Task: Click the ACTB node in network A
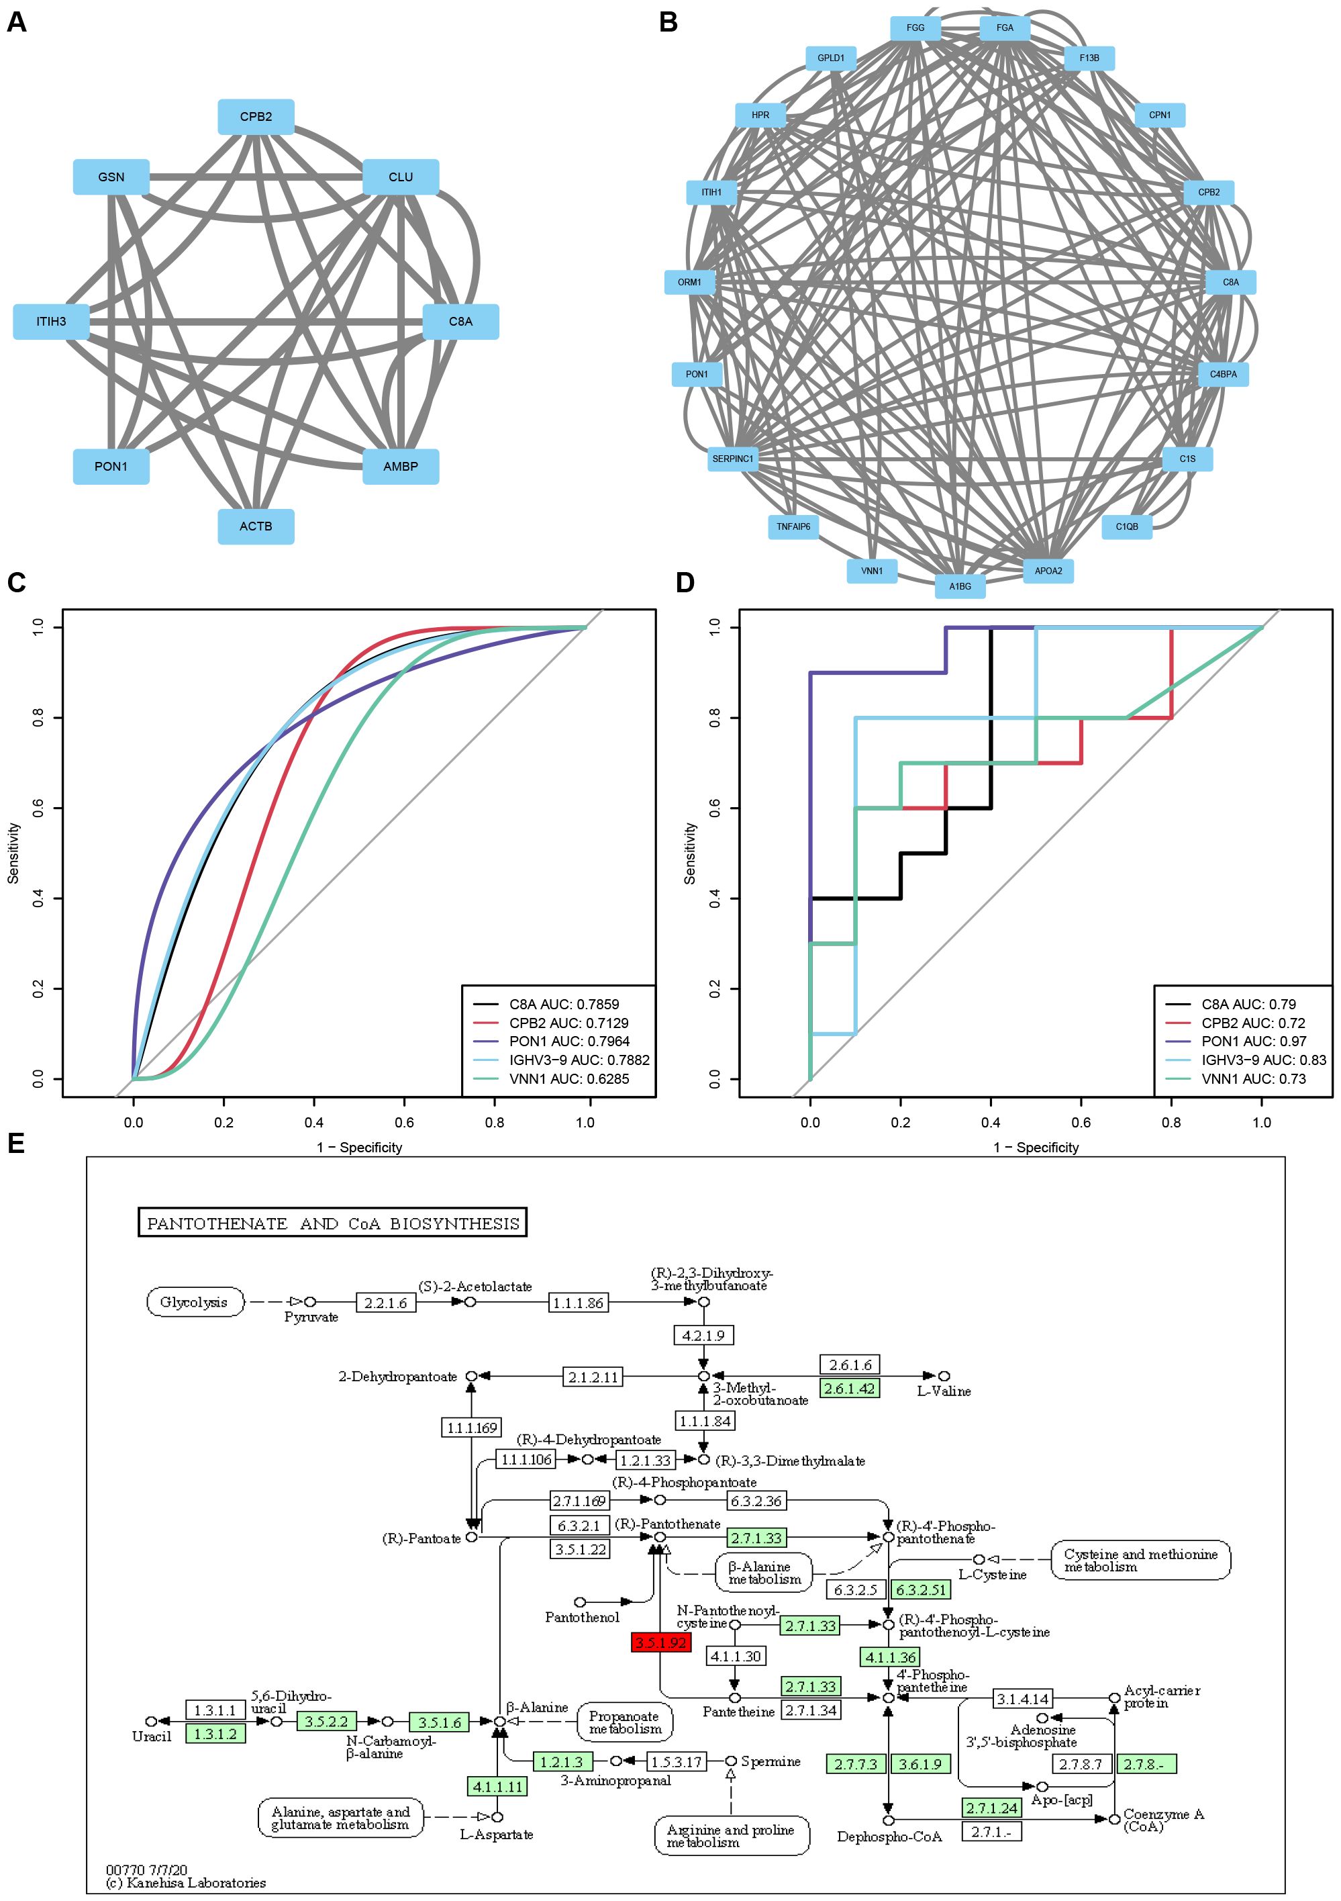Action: coord(256,526)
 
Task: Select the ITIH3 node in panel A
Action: coord(51,321)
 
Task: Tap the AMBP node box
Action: coord(401,467)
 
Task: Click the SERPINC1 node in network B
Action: coord(734,459)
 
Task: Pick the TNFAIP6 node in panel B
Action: coord(793,526)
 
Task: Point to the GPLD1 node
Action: coord(831,58)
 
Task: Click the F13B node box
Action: coord(1089,58)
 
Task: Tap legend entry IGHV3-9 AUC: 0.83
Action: coord(1263,1060)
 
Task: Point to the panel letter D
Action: coord(685,583)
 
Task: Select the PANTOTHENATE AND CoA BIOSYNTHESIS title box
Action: coord(333,1223)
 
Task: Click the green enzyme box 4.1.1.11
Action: coord(497,1787)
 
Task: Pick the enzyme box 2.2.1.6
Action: coord(386,1303)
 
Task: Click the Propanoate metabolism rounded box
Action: coord(625,1722)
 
